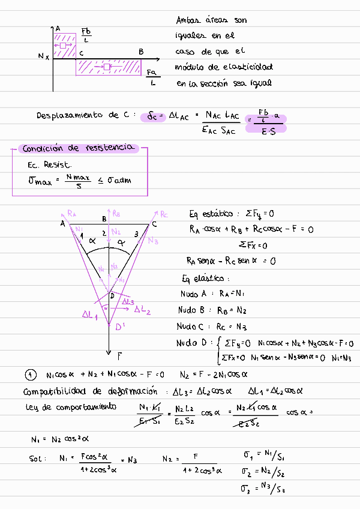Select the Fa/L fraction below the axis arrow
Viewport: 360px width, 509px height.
152,77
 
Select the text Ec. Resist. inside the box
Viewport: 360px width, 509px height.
49,164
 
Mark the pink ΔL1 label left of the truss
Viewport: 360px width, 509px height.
90,314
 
